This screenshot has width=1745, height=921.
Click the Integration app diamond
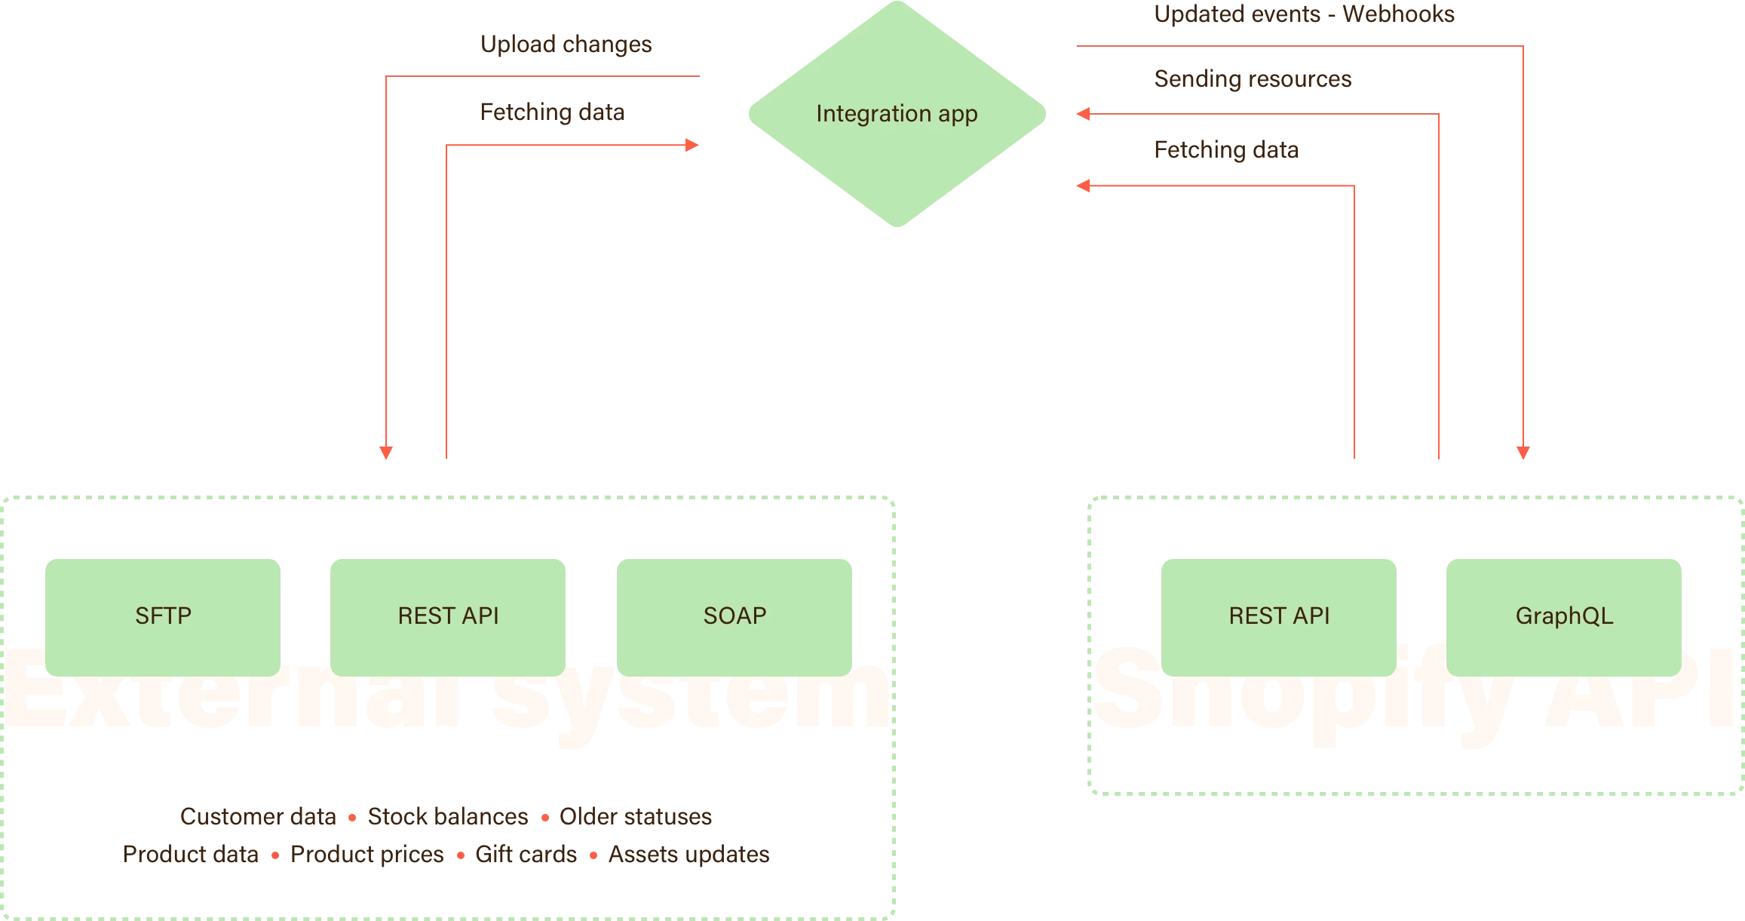(897, 113)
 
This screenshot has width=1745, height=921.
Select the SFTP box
(163, 616)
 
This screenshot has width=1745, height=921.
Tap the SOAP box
(734, 616)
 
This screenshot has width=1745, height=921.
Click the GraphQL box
(1564, 616)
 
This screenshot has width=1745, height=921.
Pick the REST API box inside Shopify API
(1279, 616)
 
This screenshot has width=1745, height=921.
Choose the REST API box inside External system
(448, 616)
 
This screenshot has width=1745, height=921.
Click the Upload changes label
(566, 45)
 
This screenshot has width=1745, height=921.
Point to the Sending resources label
(1253, 79)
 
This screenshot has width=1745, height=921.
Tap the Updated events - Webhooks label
(1304, 14)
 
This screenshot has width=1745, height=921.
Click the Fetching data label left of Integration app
(552, 112)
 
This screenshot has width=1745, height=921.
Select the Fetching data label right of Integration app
(1226, 150)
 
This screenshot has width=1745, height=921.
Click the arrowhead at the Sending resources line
(1083, 114)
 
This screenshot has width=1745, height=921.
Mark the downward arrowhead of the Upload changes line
(386, 453)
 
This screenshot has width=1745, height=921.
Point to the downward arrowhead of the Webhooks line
(1523, 453)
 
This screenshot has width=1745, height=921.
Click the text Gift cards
(526, 855)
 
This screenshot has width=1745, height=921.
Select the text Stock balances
(447, 817)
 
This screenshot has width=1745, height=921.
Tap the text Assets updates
(688, 855)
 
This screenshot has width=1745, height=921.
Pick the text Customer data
(258, 817)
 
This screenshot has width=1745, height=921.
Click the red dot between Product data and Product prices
(275, 855)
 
